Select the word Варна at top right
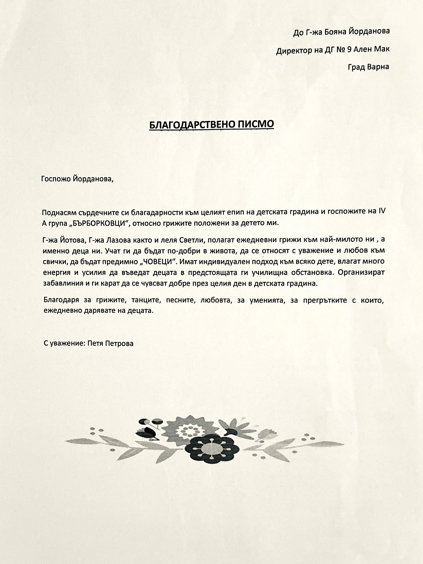tap(378, 67)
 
